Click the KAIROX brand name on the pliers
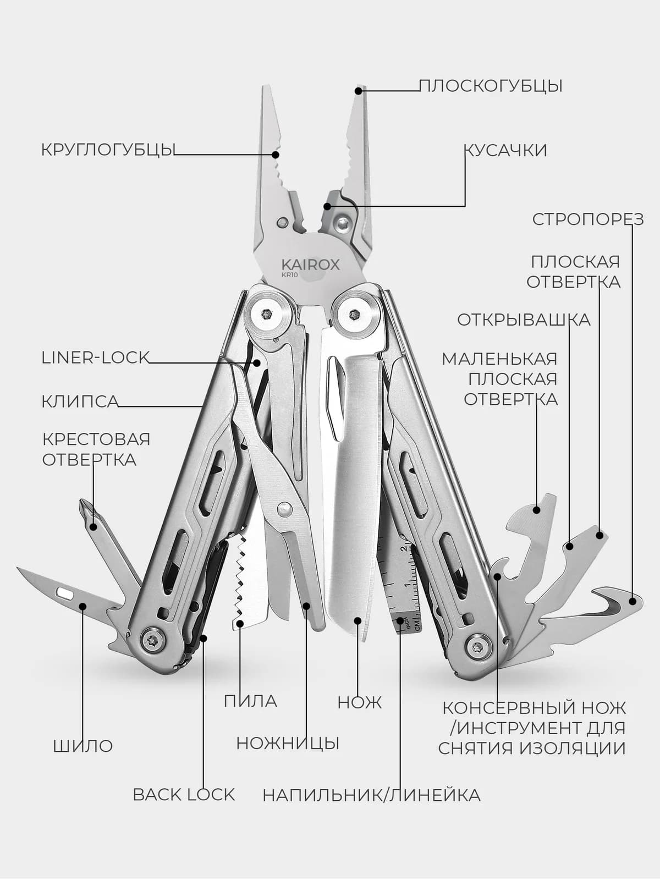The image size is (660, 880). click(311, 264)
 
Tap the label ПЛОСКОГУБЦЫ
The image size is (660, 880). click(491, 86)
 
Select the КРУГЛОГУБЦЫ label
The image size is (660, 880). click(108, 150)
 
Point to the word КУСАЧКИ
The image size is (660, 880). click(505, 150)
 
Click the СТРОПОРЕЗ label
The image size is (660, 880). click(588, 219)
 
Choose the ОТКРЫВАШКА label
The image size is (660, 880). click(524, 320)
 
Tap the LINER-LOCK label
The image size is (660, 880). click(95, 358)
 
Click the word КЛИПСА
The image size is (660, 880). click(80, 402)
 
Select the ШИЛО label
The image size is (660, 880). click(83, 746)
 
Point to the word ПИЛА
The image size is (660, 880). click(250, 701)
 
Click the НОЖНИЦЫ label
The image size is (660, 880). click(288, 743)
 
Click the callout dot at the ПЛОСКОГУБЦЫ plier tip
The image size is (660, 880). click(359, 91)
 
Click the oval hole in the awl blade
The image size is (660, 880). click(64, 592)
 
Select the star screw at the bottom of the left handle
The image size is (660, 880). click(153, 638)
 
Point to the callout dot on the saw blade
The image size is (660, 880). click(240, 623)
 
